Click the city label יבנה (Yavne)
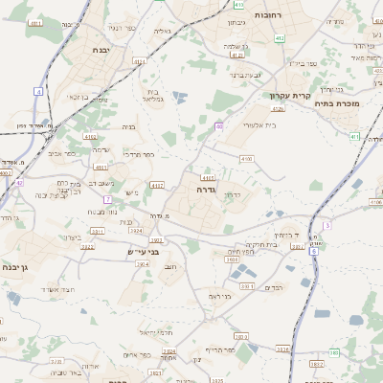pyautogui.click(x=101, y=49)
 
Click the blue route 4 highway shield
pyautogui.click(x=39, y=91)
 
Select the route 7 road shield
pyautogui.click(x=108, y=199)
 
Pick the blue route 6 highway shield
pyautogui.click(x=313, y=251)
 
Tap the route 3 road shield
pyautogui.click(x=327, y=225)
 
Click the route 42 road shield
pyautogui.click(x=18, y=181)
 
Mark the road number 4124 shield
pyautogui.click(x=140, y=61)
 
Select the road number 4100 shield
pyautogui.click(x=246, y=158)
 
